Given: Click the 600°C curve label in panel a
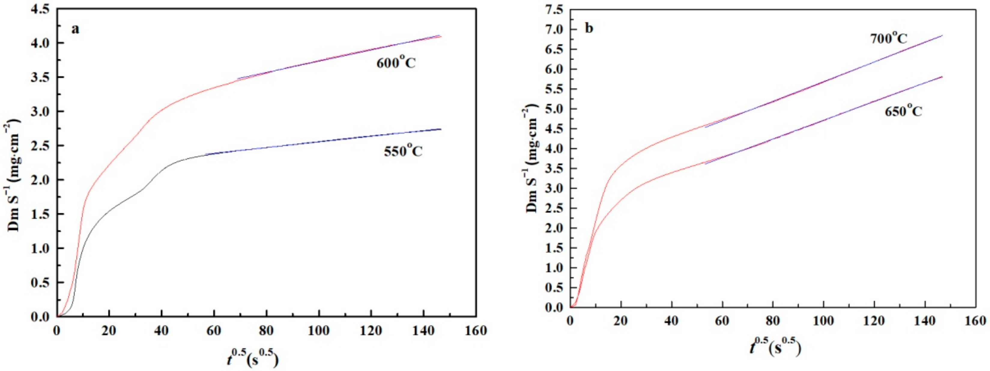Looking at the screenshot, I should (x=396, y=62).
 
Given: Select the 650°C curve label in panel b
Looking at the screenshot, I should (x=903, y=111).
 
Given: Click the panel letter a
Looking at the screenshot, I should (x=75, y=29).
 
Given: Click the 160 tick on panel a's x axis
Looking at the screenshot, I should (x=476, y=330).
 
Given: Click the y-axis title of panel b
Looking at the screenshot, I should (x=531, y=159).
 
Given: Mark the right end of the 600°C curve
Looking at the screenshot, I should (x=441, y=37).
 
